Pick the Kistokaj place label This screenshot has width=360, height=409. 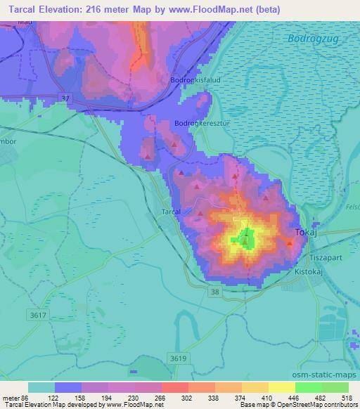tap(307, 271)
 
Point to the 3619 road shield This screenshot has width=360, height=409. tap(178, 358)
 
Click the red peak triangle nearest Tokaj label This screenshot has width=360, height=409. tap(290, 244)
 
